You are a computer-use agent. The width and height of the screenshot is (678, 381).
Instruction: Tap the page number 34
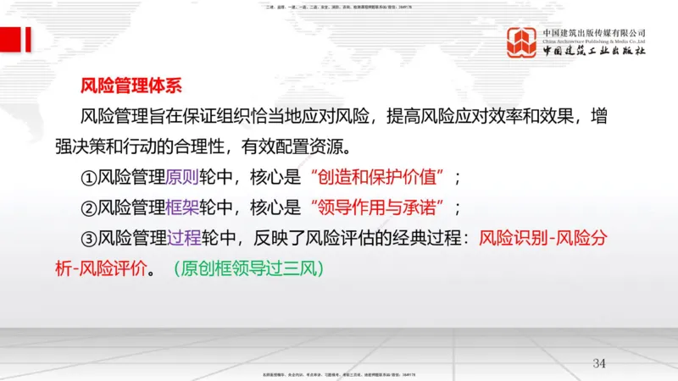coord(599,363)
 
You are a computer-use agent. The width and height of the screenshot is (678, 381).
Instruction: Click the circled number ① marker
coord(91,178)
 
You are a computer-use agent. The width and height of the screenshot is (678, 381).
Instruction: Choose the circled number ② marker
coord(91,208)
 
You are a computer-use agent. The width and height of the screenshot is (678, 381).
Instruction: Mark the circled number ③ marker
coord(91,240)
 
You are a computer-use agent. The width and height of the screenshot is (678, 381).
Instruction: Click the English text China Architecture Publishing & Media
coord(594,40)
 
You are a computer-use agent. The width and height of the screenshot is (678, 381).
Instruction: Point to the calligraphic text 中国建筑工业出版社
coord(594,52)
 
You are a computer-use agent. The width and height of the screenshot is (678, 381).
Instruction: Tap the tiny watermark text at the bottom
coord(339,374)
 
